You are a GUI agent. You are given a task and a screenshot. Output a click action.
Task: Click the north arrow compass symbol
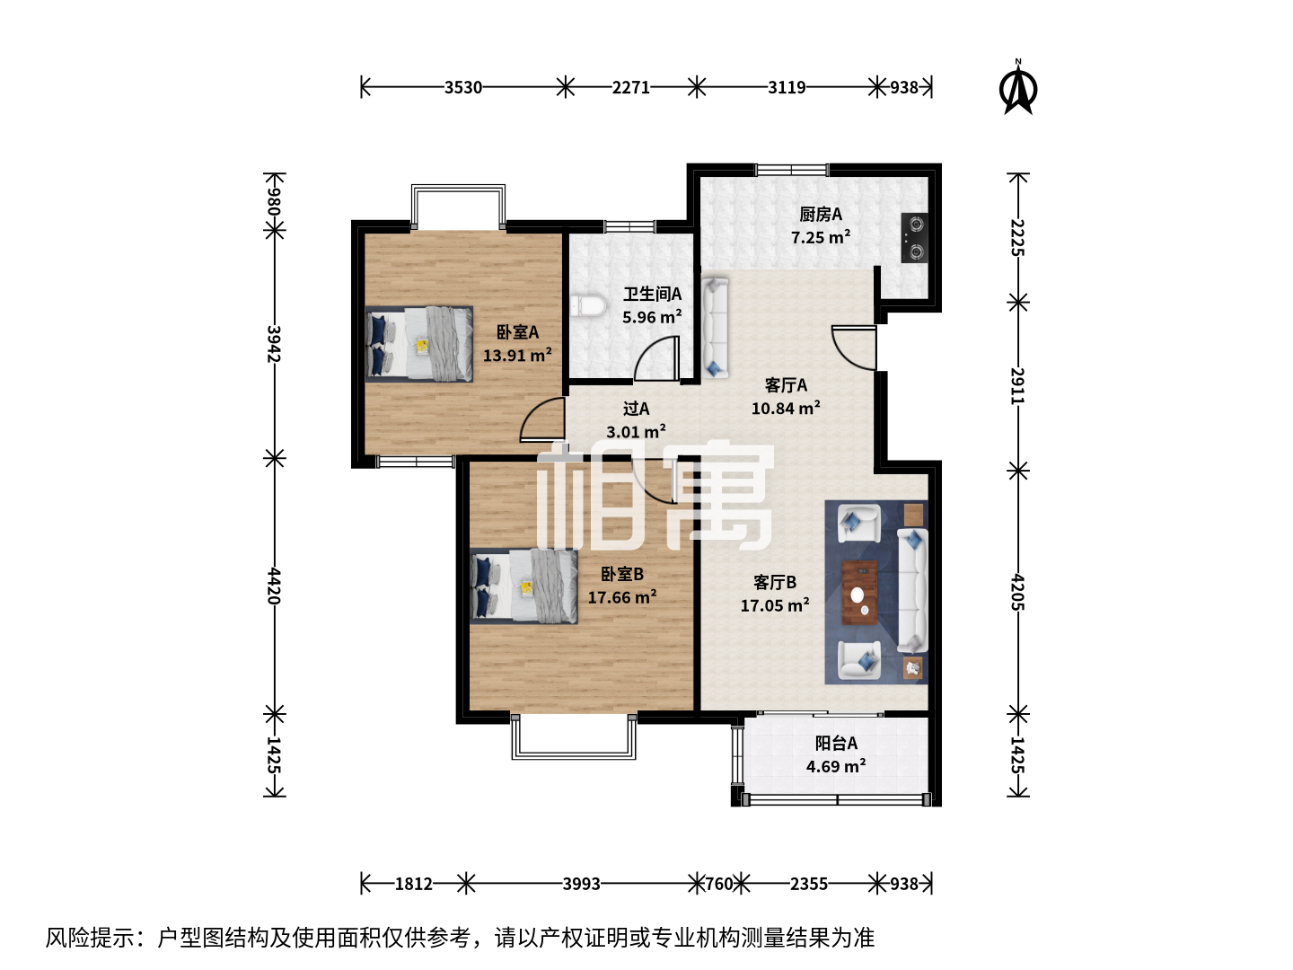coord(1017,88)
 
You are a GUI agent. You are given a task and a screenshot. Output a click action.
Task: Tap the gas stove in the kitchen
coord(914,238)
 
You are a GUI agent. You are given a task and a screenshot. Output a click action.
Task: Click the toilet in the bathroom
coord(588,305)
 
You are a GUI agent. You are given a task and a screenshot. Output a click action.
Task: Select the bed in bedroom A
coord(418,344)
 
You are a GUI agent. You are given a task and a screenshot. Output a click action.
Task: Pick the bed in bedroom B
coord(523,586)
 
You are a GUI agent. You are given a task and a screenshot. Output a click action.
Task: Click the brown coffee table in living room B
coord(859,593)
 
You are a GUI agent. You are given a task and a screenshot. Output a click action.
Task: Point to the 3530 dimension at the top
coord(463,88)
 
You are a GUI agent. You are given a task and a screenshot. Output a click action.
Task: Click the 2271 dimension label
coord(630,88)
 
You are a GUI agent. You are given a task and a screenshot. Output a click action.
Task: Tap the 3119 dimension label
coord(787,88)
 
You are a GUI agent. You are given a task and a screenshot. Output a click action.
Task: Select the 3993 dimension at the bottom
coord(581,884)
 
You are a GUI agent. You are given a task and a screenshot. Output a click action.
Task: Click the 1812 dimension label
coord(413,884)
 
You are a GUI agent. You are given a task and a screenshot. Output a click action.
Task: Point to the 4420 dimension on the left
coord(274,586)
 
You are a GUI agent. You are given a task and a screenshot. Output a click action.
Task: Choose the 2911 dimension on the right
coord(1017,386)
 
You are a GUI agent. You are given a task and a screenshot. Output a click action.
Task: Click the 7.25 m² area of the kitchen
coord(820,237)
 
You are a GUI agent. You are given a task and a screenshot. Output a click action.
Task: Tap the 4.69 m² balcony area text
coord(835,766)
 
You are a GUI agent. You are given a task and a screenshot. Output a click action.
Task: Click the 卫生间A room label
coord(652,294)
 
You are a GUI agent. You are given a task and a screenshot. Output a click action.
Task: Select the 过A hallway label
coord(637,408)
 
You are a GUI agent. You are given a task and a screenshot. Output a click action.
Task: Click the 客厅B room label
coord(775,583)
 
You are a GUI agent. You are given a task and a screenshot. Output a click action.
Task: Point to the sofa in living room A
coord(715,328)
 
